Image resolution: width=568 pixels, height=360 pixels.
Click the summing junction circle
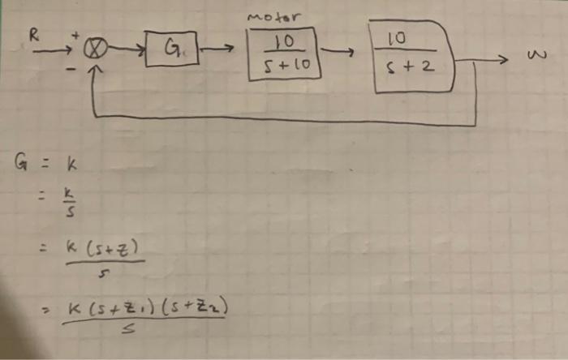96,54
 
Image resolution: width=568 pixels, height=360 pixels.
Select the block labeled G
170,54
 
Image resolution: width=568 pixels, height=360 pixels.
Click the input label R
33,36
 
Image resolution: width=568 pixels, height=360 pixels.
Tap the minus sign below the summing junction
71,71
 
